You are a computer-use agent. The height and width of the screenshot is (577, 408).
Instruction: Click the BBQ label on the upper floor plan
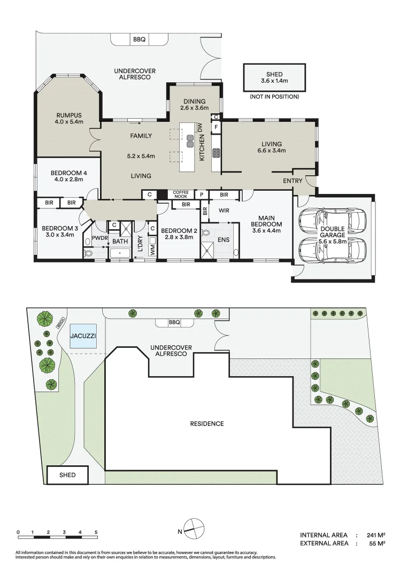pyautogui.click(x=139, y=39)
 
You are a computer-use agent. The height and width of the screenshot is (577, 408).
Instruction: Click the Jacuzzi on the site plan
pyautogui.click(x=83, y=337)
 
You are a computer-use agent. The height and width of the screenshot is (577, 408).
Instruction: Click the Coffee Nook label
pyautogui.click(x=181, y=194)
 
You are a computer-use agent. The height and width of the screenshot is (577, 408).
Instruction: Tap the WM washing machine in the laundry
pyautogui.click(x=152, y=248)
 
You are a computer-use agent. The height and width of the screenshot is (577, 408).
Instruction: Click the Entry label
pyautogui.click(x=292, y=181)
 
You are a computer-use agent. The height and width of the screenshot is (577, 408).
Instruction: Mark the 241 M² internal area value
pyautogui.click(x=375, y=535)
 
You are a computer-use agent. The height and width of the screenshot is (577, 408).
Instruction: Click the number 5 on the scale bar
pyautogui.click(x=96, y=533)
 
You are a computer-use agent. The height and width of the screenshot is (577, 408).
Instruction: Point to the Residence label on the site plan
pyautogui.click(x=207, y=424)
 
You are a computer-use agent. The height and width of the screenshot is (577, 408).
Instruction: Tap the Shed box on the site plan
pyautogui.click(x=67, y=475)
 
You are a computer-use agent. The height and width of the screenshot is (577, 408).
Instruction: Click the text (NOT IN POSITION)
pyautogui.click(x=274, y=97)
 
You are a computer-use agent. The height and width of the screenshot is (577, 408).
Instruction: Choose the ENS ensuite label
pyautogui.click(x=224, y=240)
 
